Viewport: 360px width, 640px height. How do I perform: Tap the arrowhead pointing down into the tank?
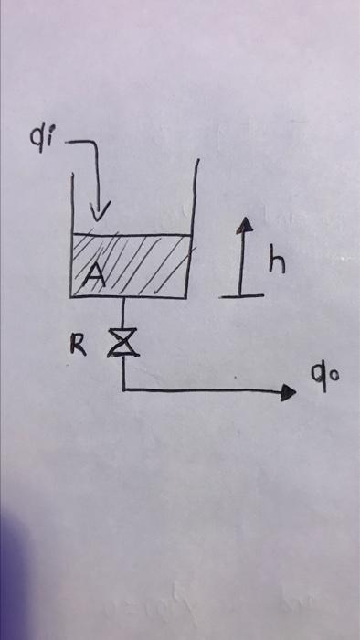click(101, 213)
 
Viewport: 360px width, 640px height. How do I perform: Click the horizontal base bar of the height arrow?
click(241, 294)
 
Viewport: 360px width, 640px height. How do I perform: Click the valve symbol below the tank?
click(121, 343)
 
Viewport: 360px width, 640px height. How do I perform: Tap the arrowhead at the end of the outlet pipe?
click(291, 392)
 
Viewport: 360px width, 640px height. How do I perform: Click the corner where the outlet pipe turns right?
click(122, 389)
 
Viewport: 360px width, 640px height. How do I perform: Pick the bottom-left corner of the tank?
click(72, 295)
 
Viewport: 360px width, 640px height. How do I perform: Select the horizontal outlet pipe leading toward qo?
click(201, 390)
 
